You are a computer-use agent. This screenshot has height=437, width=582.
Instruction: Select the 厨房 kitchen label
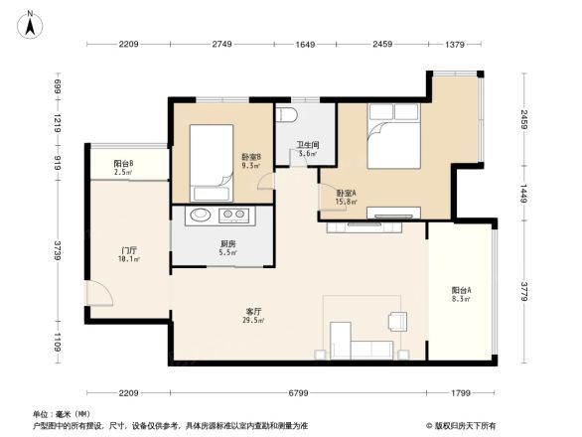pos(227,247)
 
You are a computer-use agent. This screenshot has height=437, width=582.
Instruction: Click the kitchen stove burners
pos(235,216)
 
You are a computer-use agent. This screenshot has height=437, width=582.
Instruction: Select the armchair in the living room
pos(396,320)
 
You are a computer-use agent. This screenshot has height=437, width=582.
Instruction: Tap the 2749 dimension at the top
pos(221,44)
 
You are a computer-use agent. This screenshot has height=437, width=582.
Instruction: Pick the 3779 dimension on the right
pos(524,291)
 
